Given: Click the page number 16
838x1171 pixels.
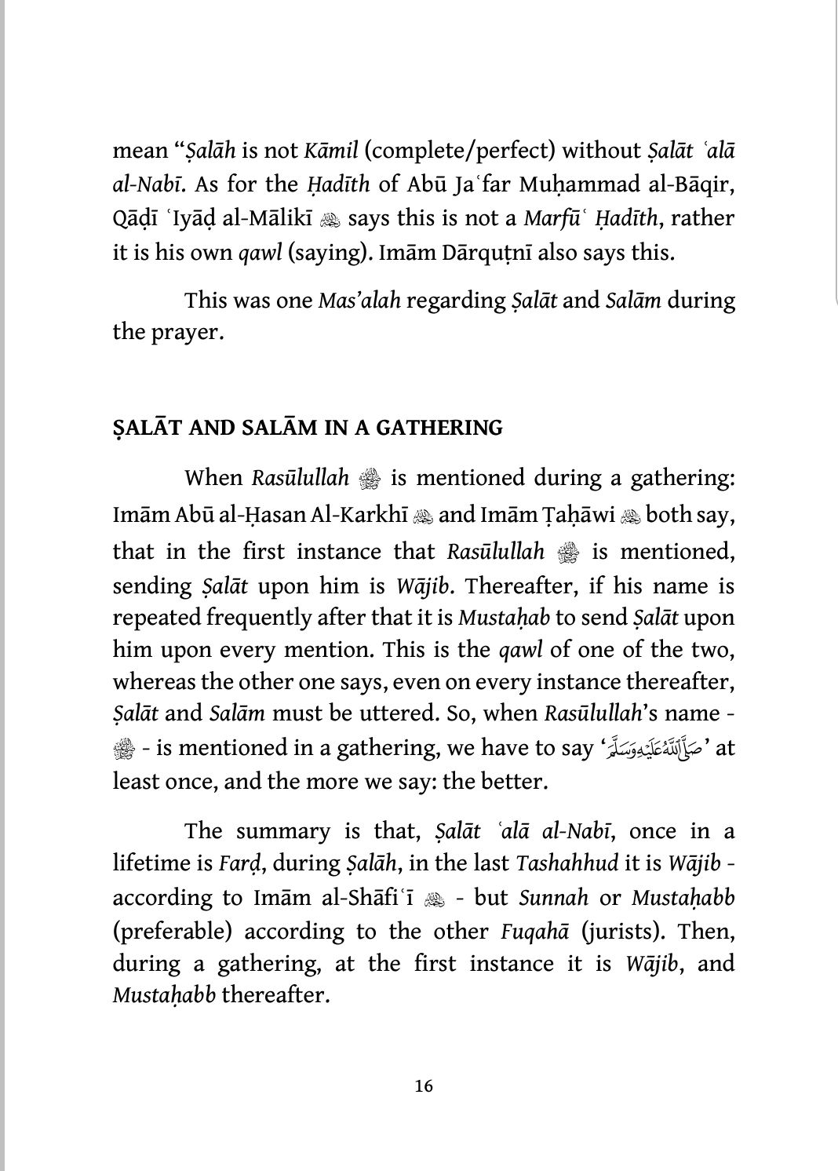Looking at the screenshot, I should (423, 1086).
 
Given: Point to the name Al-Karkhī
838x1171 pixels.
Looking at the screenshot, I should (359, 516).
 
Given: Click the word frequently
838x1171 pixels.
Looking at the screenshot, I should (251, 618).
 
